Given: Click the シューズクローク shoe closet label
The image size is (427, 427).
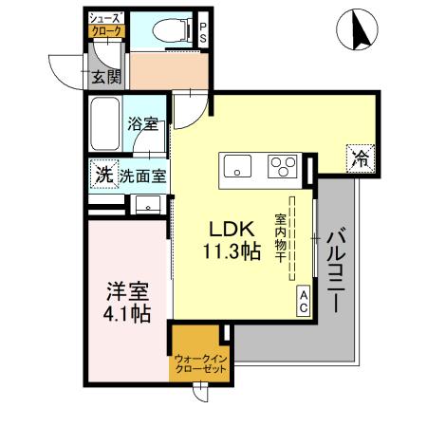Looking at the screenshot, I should (105, 26).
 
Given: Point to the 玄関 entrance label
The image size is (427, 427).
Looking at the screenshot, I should (105, 78).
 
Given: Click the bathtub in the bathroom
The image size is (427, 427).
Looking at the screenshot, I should (105, 123).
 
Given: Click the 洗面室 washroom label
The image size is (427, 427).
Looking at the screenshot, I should (143, 176).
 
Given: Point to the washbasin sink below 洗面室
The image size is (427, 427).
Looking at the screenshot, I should (145, 204).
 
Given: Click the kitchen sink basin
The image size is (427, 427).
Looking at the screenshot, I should (236, 168).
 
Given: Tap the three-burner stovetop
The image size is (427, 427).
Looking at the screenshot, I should (282, 167).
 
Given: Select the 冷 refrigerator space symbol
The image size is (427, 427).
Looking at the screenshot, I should (359, 158).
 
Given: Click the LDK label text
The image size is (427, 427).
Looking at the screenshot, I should (231, 231).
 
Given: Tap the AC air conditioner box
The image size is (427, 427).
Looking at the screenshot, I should (304, 302).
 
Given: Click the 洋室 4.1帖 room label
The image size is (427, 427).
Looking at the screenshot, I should (126, 300).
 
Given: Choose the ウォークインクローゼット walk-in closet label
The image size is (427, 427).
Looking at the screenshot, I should (199, 363).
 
